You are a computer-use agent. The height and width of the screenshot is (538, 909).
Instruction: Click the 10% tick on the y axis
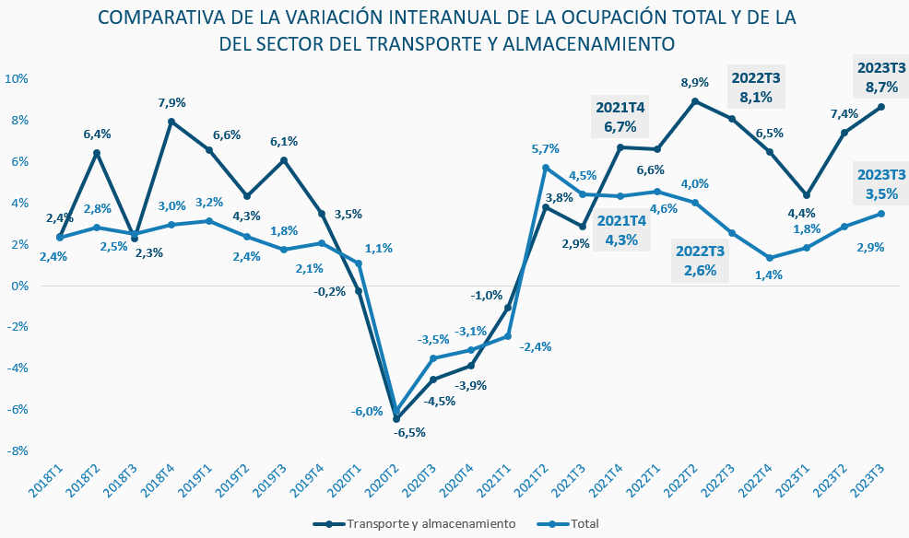(18, 78)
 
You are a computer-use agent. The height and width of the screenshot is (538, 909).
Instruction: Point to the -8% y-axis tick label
(18, 450)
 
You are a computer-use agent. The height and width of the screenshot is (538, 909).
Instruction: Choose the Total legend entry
(584, 524)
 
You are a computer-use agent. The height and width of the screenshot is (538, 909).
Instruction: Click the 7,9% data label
(172, 102)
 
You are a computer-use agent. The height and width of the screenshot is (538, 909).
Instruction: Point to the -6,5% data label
(409, 432)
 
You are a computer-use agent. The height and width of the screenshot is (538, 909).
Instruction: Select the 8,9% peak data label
(694, 82)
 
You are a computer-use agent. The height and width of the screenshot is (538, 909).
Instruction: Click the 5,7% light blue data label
(546, 148)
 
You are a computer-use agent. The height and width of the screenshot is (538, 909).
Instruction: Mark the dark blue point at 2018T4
(171, 122)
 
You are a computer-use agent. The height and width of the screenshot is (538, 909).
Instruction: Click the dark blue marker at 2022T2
(694, 101)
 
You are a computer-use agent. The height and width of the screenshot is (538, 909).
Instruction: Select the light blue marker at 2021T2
(546, 168)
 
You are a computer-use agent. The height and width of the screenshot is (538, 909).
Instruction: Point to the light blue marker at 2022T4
(770, 258)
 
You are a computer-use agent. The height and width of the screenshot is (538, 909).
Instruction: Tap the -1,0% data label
(487, 296)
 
